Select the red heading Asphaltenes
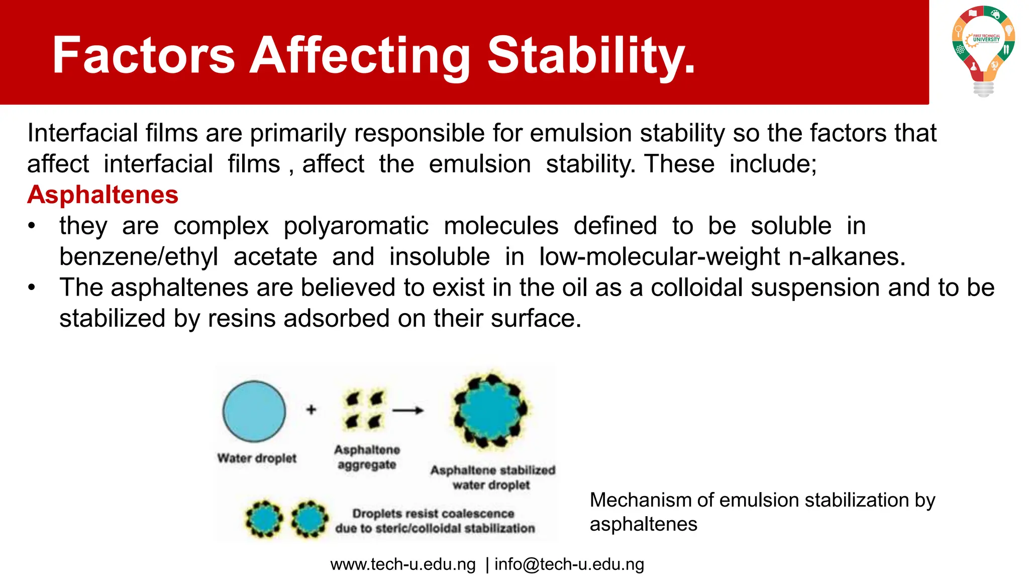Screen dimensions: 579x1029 point(103,195)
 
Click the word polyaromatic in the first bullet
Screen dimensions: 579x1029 point(356,226)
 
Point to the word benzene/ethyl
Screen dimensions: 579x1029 point(139,257)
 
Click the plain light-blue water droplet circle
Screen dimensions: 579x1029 point(254,411)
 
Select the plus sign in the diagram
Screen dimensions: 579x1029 point(311,410)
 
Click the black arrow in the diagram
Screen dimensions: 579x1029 point(407,411)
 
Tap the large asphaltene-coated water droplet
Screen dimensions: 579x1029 point(490,410)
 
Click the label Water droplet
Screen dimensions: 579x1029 point(257,458)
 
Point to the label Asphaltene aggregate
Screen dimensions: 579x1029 point(367,457)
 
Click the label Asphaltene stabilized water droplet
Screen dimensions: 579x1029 point(492,477)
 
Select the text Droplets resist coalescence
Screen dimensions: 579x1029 point(433,514)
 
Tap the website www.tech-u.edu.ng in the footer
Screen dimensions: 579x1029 point(403,564)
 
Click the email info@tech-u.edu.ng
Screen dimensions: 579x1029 point(569,564)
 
